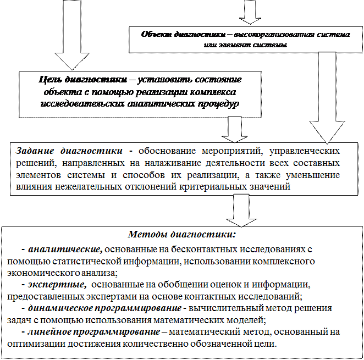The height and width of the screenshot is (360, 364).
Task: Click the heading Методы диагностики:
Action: pyautogui.click(x=181, y=235)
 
